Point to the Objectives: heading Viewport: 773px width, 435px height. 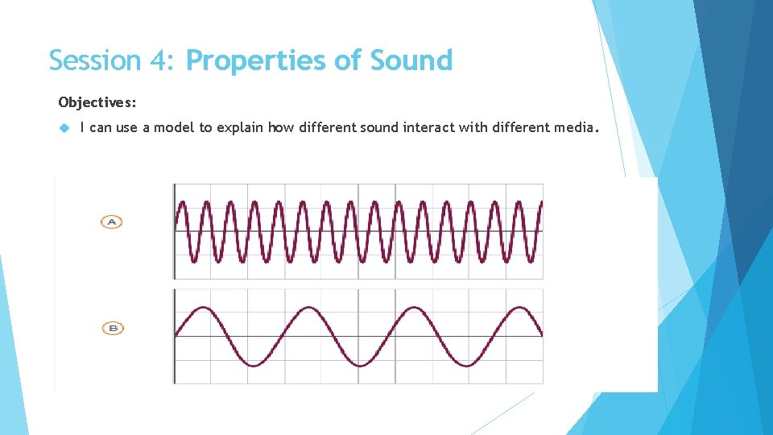tap(97, 102)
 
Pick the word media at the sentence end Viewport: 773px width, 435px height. tap(574, 127)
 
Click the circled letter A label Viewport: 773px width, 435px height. tap(112, 222)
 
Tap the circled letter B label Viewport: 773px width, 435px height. tap(114, 328)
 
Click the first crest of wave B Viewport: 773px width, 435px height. tap(203, 308)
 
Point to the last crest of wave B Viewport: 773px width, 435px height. tap(519, 308)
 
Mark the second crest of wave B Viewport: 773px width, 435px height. tap(308, 308)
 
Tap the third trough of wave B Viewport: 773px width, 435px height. tap(466, 366)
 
